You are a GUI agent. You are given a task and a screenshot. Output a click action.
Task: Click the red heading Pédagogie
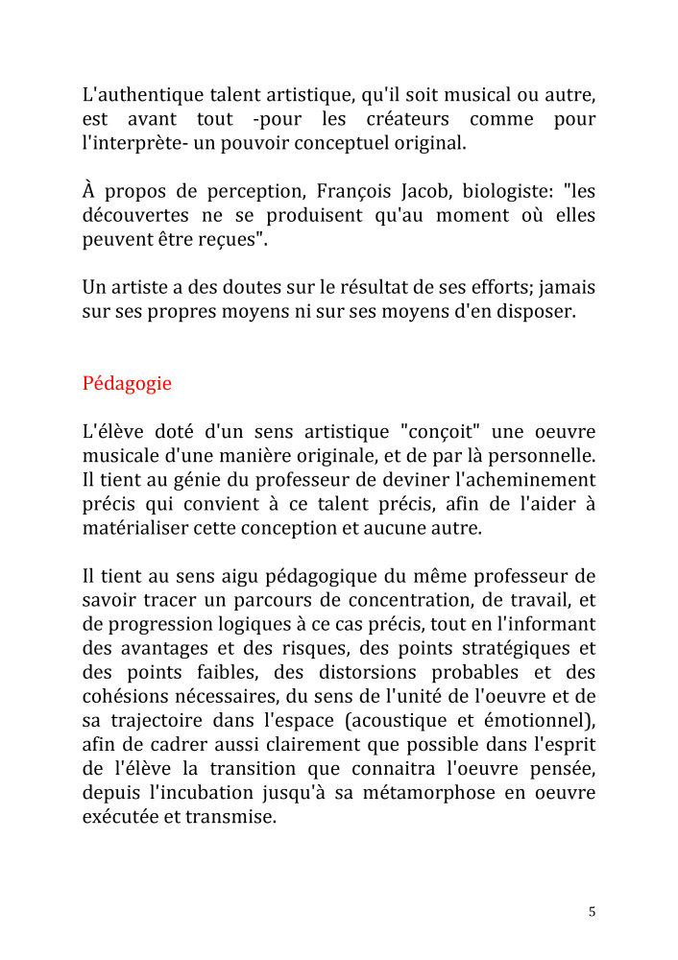pyautogui.click(x=127, y=384)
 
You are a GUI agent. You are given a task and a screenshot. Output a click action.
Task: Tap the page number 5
pyautogui.click(x=592, y=912)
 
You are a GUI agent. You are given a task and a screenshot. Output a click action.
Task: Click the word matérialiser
pyautogui.click(x=135, y=527)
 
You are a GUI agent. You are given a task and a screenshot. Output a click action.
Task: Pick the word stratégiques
pyautogui.click(x=519, y=648)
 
